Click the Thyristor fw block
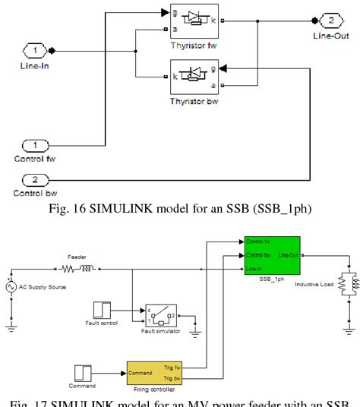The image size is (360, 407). (186, 21)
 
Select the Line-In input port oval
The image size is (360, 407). (34, 51)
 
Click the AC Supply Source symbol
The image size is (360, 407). (11, 287)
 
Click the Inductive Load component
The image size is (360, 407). (347, 283)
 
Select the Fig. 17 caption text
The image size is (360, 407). (181, 400)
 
